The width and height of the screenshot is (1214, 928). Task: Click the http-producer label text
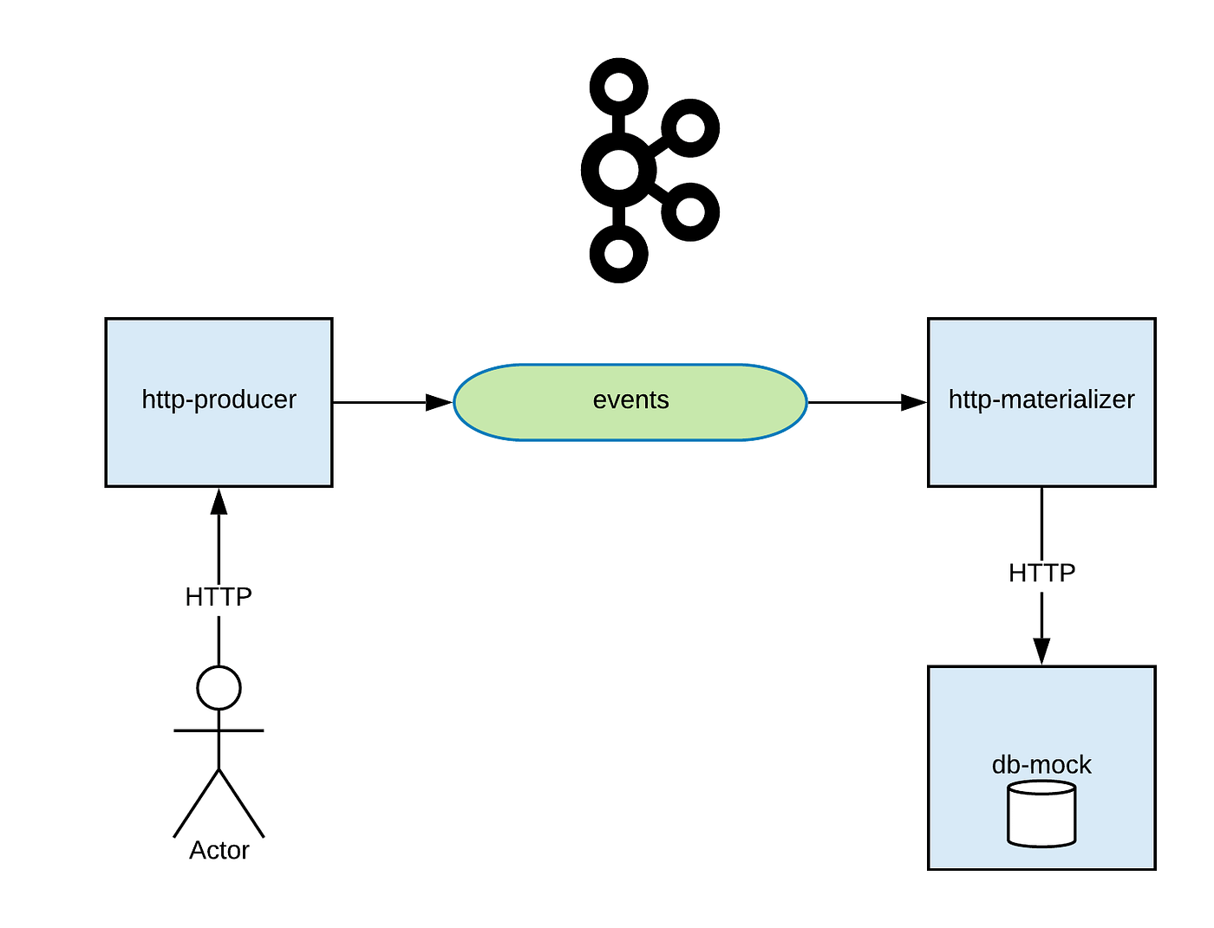(x=219, y=399)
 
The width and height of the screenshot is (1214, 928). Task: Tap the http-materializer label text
(x=1041, y=399)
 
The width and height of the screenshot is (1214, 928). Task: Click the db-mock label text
(x=1041, y=764)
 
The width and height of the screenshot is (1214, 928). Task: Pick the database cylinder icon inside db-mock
(x=1041, y=814)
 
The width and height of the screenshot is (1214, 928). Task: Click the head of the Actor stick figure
(x=219, y=688)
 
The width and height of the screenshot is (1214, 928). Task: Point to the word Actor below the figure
(x=219, y=850)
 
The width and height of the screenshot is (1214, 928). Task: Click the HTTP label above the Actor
(x=219, y=597)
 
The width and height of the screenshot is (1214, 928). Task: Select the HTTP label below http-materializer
(x=1041, y=573)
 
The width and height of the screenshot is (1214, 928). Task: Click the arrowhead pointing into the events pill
(x=440, y=402)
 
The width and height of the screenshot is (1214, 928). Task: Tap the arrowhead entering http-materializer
(x=914, y=402)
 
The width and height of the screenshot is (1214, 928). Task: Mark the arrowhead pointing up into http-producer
(x=219, y=501)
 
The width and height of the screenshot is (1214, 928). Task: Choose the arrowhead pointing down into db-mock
(x=1041, y=652)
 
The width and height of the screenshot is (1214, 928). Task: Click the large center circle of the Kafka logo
(x=618, y=170)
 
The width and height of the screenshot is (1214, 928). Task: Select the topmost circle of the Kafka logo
(x=618, y=88)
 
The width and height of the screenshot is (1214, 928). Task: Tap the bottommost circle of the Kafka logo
(x=618, y=254)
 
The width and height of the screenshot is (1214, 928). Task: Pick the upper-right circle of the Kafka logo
(x=690, y=128)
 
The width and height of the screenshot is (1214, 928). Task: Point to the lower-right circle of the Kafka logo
(x=690, y=211)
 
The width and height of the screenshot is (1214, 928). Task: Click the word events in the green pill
(x=630, y=400)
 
